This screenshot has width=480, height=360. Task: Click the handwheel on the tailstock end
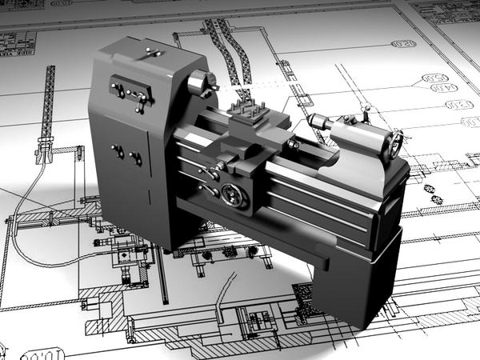[x=394, y=145]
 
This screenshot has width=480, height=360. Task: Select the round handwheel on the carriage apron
[x=233, y=194]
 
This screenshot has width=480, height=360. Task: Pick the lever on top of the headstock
[x=150, y=54]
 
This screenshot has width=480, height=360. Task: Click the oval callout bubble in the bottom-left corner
[x=36, y=353]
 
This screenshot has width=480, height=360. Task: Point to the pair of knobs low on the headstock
[x=127, y=154]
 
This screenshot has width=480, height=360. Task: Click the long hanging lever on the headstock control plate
[x=142, y=102]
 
